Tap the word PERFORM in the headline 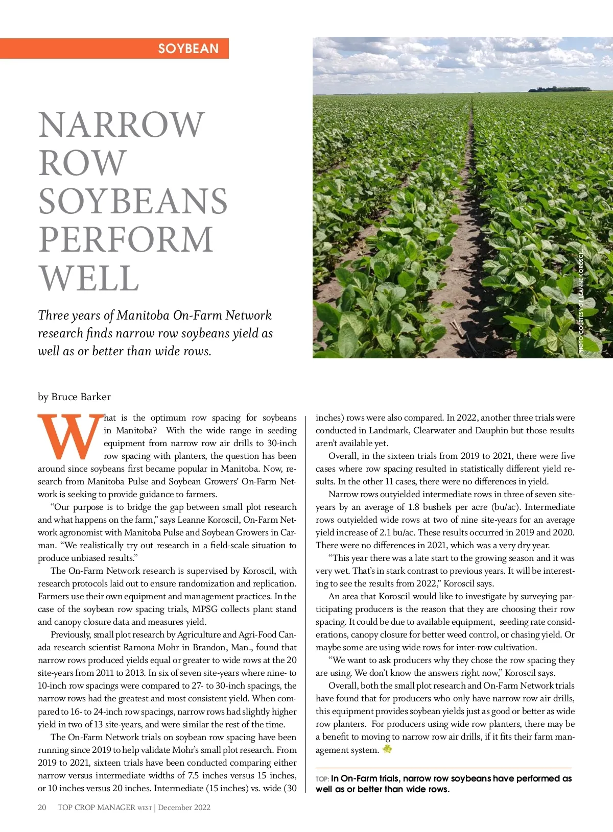click(x=126, y=239)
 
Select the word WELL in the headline click(x=89, y=278)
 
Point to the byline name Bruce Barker click(x=81, y=397)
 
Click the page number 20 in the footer click(x=42, y=807)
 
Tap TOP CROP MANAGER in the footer click(x=96, y=807)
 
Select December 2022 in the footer click(x=184, y=807)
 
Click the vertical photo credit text click(x=581, y=301)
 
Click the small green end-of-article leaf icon click(x=387, y=749)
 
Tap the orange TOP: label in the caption click(x=322, y=779)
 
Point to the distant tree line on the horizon click(x=559, y=89)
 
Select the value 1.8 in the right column click(x=414, y=507)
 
